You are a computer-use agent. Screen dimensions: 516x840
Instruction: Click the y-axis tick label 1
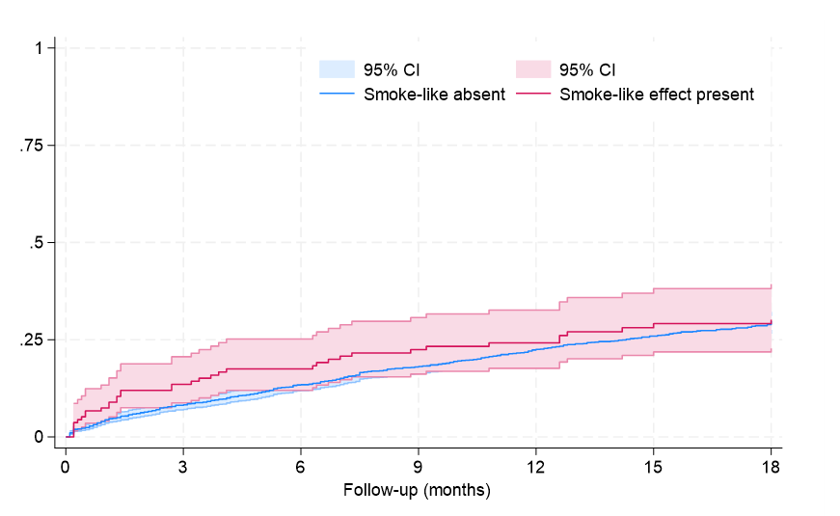point(40,47)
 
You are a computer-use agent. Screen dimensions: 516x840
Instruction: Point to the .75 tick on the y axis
point(33,145)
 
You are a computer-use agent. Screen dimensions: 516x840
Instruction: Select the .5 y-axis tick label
point(37,242)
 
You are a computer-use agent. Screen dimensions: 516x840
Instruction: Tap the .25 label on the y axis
point(33,339)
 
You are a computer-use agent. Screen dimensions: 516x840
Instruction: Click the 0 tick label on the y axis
point(40,437)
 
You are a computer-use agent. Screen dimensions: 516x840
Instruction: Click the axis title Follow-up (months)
point(417,490)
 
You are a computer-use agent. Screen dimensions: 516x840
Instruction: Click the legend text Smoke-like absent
point(434,95)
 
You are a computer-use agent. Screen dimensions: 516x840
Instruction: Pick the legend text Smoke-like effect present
point(657,95)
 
